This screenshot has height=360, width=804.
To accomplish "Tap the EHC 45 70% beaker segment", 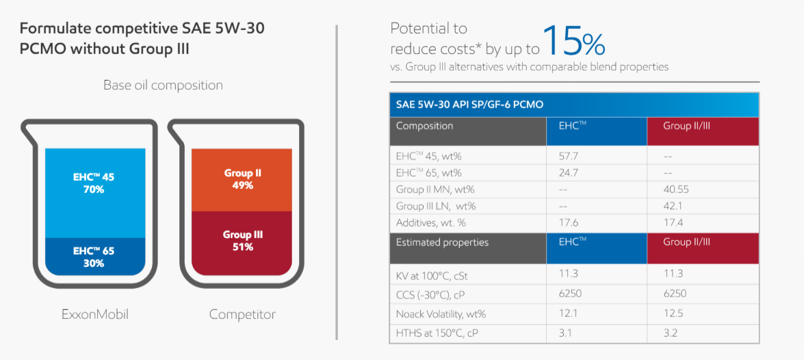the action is pyautogui.click(x=95, y=193).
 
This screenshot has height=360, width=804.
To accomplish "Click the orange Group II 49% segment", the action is pyautogui.click(x=242, y=180).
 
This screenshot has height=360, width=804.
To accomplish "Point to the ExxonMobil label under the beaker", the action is pyautogui.click(x=95, y=314).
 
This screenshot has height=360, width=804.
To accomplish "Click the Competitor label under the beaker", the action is pyautogui.click(x=242, y=314).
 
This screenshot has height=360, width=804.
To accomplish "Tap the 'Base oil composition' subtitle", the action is pyautogui.click(x=163, y=85).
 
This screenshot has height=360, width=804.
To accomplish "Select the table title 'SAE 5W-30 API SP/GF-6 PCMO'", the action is pyautogui.click(x=469, y=105).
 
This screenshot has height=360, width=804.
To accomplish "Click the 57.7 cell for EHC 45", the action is pyautogui.click(x=569, y=156).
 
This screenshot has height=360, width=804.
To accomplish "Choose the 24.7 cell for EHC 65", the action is pyautogui.click(x=569, y=173).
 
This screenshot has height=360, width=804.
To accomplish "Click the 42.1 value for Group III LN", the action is pyautogui.click(x=673, y=206).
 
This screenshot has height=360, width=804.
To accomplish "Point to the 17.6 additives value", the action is pyautogui.click(x=569, y=223).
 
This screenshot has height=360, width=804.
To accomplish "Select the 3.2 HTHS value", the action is pyautogui.click(x=670, y=333).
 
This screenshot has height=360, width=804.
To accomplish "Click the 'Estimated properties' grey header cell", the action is pyautogui.click(x=467, y=248).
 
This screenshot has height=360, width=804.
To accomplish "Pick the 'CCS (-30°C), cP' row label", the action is pyautogui.click(x=430, y=294).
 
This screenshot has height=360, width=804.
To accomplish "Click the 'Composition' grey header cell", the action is pyautogui.click(x=467, y=132).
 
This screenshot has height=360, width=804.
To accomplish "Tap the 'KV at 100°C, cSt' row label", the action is pyautogui.click(x=432, y=275).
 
